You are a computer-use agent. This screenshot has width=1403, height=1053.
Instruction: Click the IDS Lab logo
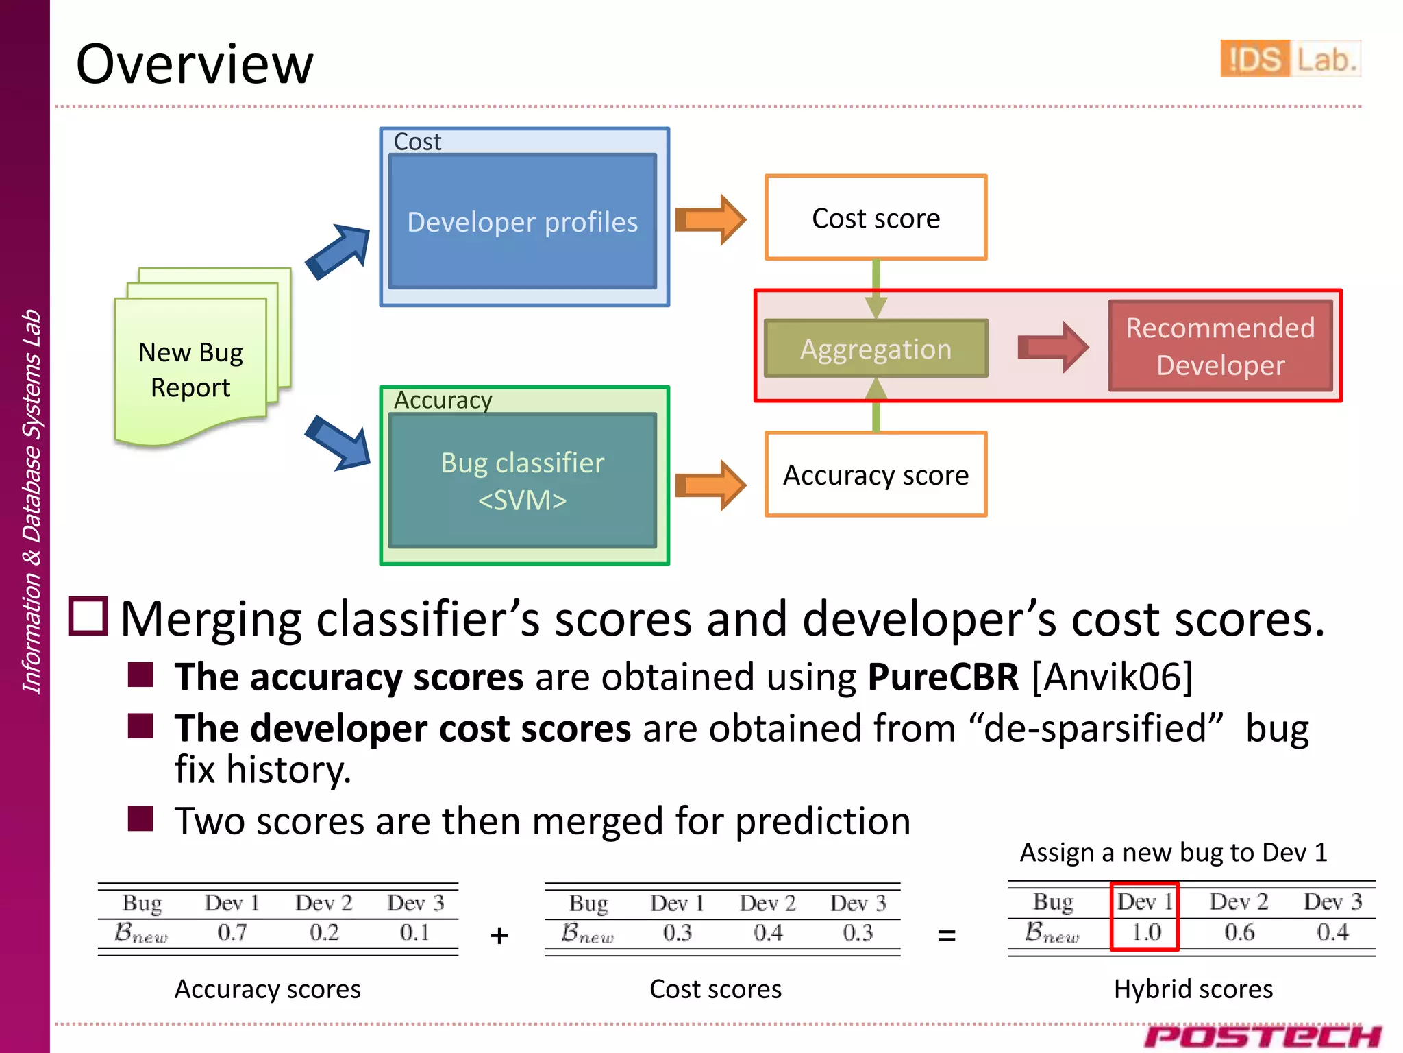coord(1290,59)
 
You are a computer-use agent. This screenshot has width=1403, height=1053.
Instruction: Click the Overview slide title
coord(195,64)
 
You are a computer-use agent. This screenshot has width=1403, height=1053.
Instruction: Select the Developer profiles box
coord(522,221)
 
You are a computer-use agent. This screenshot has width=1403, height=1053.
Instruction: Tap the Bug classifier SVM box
coord(522,481)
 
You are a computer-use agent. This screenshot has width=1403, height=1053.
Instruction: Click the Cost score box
coord(876,218)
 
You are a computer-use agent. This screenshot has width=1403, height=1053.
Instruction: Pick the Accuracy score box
coord(876,474)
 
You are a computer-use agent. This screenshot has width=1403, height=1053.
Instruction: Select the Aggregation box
coord(876,349)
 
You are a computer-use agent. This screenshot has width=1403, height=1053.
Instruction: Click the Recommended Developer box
coord(1220,346)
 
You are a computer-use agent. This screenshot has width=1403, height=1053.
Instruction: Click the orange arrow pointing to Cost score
coord(710,219)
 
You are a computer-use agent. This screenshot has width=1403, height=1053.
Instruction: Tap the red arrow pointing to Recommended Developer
coord(1052,347)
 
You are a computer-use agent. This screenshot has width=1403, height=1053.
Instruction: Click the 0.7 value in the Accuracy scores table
coord(232,932)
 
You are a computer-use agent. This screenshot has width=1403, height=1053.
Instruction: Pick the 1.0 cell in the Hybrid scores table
coord(1145,932)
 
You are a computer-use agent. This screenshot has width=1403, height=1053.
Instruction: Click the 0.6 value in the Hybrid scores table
coord(1239,932)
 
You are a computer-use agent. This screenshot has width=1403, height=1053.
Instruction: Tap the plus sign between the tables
coord(499,936)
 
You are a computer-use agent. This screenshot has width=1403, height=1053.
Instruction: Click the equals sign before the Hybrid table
coord(946,935)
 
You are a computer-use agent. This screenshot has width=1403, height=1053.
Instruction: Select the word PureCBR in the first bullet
coord(943,677)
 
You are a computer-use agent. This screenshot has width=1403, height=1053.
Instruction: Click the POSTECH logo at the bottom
coord(1262,1036)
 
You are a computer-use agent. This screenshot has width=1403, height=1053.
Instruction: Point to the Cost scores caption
coord(715,989)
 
